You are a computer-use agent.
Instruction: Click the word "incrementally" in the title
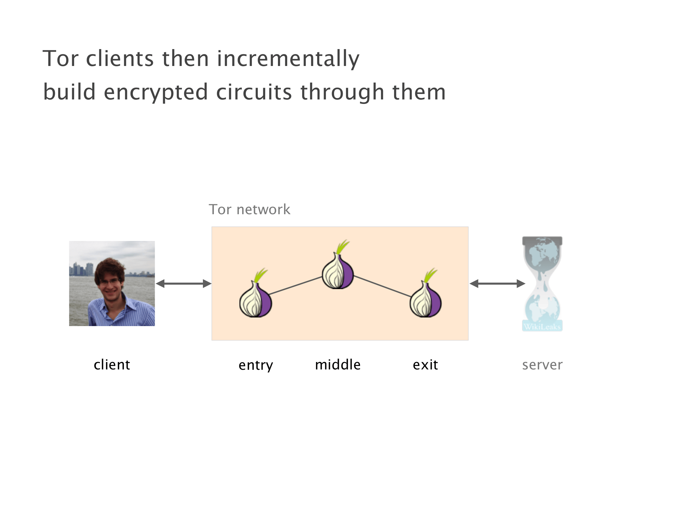[x=288, y=59]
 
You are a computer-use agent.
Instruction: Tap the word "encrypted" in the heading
[x=156, y=92]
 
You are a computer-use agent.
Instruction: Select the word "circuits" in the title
[x=254, y=92]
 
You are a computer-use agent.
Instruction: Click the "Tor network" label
[x=249, y=210]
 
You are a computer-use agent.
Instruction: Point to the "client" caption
[x=112, y=365]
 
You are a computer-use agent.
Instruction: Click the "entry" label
[x=256, y=365]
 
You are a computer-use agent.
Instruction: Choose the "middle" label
[x=338, y=365]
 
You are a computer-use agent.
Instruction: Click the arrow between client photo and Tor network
[x=183, y=283]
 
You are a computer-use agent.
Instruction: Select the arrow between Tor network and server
[x=497, y=283]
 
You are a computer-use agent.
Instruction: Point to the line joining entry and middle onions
[x=296, y=286]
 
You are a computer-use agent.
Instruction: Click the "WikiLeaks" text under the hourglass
[x=542, y=327]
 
